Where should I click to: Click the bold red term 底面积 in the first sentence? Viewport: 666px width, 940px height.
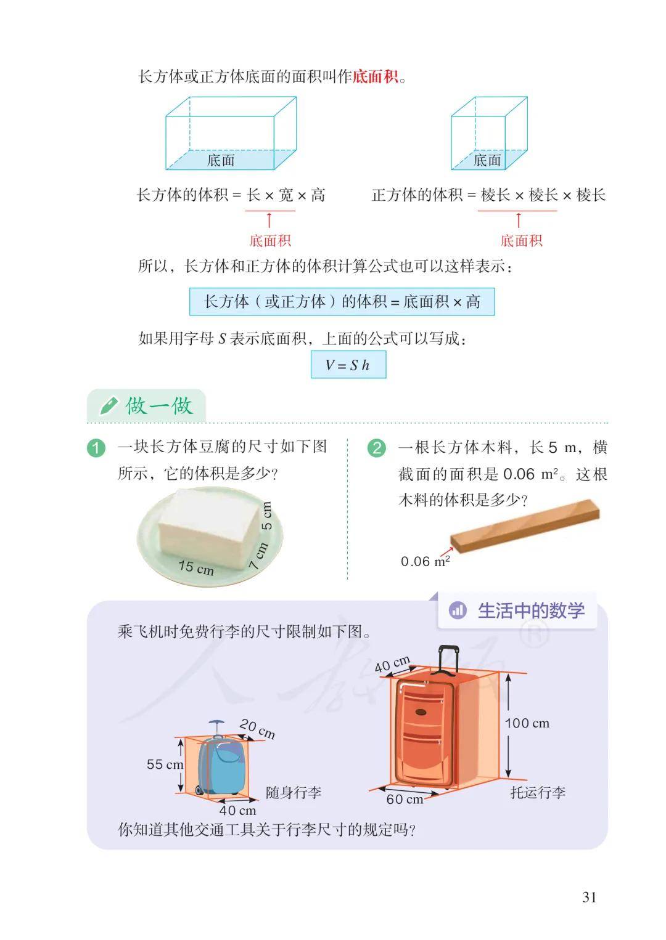pos(375,77)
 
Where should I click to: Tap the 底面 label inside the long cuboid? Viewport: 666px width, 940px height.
pos(221,160)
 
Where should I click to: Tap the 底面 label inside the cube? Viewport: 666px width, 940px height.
pos(487,160)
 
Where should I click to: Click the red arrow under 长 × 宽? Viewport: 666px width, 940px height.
pos(269,220)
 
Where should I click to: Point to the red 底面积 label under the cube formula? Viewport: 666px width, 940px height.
pos(522,241)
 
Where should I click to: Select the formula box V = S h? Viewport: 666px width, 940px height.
pos(348,365)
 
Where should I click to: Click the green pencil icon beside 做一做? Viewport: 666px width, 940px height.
pos(109,406)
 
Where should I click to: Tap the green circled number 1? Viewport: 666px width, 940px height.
pos(96,448)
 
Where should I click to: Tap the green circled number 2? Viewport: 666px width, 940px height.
pos(377,448)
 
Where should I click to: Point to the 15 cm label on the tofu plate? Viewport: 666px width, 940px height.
pos(196,567)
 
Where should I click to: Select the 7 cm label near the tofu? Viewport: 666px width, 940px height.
pos(258,556)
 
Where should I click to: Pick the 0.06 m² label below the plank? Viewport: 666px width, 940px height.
pos(425,561)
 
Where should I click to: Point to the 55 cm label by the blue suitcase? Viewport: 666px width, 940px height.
pos(165,764)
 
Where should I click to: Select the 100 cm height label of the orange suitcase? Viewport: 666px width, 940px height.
pos(527,723)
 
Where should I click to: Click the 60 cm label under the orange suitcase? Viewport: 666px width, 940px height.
pos(405,799)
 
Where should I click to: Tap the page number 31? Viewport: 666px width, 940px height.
pos(589,897)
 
